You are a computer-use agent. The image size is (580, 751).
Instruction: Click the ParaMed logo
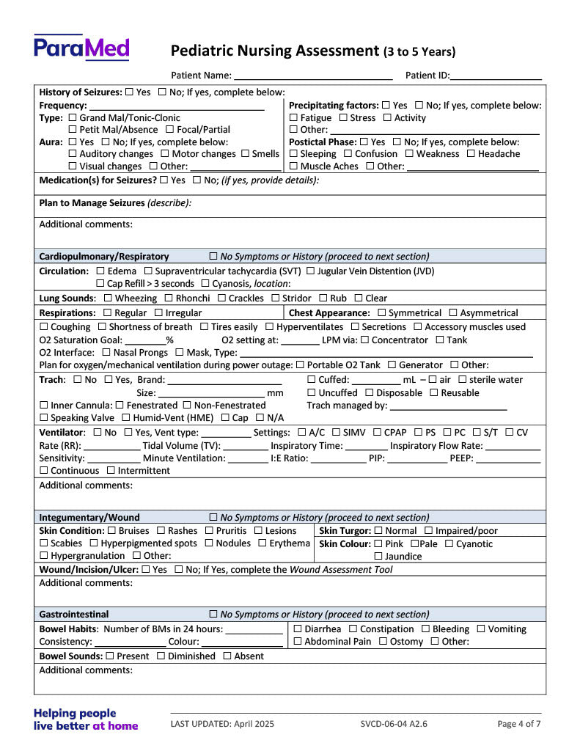pos(81,48)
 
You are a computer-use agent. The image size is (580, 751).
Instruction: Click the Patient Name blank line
pos(313,75)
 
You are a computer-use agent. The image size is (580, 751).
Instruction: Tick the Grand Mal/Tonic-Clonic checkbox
pos(73,118)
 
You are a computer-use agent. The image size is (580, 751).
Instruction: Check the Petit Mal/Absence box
pos(73,130)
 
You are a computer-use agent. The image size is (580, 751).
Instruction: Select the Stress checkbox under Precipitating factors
pos(344,118)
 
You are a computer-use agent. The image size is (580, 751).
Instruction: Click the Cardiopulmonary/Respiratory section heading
pos(104,257)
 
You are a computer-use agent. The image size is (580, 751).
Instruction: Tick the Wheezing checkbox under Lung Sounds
pos(108,298)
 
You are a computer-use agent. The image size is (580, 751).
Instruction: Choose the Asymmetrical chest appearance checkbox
pos(452,313)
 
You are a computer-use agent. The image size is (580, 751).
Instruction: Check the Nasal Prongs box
pos(106,353)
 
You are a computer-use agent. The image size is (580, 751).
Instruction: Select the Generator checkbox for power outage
pos(392,365)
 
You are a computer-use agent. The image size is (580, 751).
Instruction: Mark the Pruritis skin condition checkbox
pos(210,531)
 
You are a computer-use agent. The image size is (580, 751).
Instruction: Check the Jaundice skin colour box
pos(378,557)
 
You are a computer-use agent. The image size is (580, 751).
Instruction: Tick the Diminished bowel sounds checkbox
pos(161,656)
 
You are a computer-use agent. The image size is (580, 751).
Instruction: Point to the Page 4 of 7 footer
pos(518,724)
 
